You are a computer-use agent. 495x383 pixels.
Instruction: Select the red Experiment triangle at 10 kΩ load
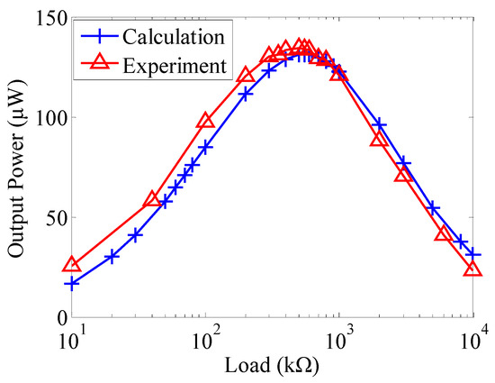point(72,266)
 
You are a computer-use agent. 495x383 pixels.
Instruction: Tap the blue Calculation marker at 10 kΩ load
point(72,284)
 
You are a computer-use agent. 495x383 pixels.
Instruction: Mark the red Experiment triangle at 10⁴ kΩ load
point(473,269)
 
